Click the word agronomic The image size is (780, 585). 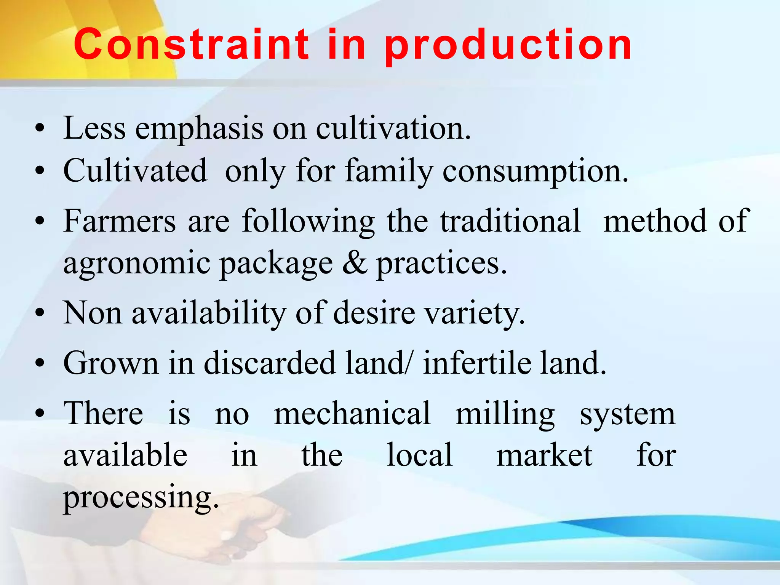[x=137, y=264]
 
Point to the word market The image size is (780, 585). [x=544, y=456]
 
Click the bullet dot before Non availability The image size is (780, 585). [x=40, y=313]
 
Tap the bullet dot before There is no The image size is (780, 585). [x=40, y=414]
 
